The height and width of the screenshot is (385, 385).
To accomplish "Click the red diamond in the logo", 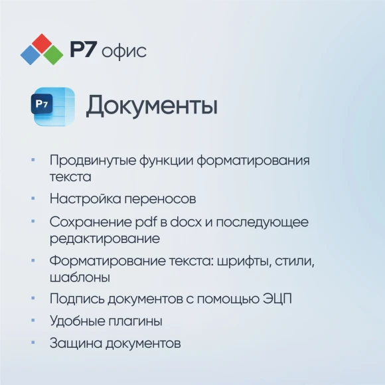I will tap(42, 42).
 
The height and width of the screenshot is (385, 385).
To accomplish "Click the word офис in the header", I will tap(125, 50).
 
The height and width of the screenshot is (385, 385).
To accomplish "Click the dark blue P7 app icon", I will tap(43, 105).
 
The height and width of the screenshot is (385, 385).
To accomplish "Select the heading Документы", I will tap(151, 106).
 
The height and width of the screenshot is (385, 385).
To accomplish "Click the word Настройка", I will tap(84, 198).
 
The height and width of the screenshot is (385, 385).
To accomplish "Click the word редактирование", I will tap(104, 238).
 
